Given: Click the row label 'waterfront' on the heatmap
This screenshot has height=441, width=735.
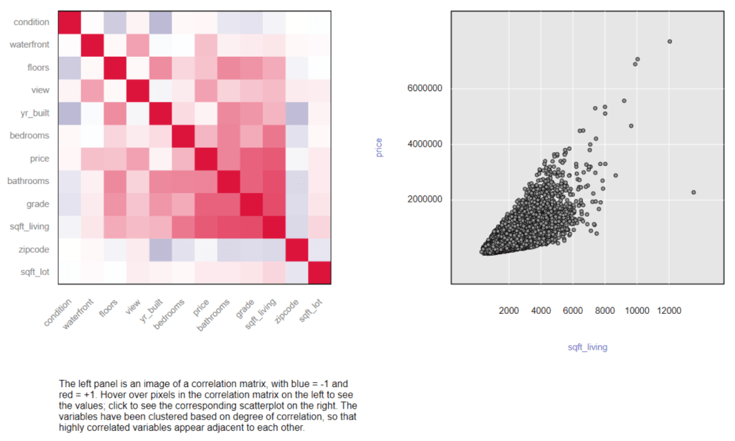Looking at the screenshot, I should click(29, 45).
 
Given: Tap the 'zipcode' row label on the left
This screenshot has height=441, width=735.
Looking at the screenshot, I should click(34, 249).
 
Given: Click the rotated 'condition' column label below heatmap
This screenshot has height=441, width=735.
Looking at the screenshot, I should click(57, 313).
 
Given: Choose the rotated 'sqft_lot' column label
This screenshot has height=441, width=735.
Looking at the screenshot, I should click(311, 312).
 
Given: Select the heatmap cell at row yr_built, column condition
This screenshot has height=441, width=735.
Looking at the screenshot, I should click(69, 113).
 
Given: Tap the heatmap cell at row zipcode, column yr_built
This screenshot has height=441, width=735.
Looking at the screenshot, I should click(159, 249).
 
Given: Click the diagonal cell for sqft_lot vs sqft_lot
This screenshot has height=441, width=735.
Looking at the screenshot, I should click(319, 272).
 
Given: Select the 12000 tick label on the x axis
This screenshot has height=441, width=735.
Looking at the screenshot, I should click(669, 310).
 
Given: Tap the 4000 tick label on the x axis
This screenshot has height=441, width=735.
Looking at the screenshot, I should click(540, 310).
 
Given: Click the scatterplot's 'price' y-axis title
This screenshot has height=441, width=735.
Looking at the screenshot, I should click(378, 147).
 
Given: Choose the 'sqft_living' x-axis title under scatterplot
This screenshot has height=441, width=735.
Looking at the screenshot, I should click(587, 347).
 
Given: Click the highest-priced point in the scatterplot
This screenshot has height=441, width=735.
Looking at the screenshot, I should click(670, 41).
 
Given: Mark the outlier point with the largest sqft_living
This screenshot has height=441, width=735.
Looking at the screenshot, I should click(693, 192).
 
